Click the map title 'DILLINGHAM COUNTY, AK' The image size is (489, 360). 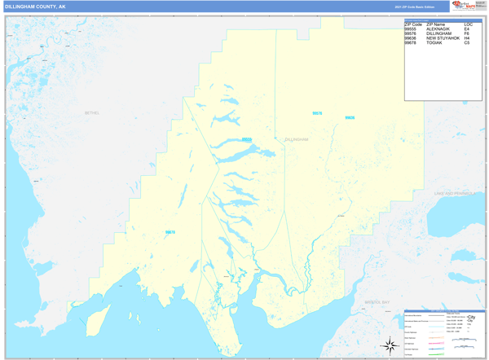coord(35,6)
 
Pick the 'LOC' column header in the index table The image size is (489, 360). coord(468,24)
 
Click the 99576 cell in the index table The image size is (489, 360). coord(411,33)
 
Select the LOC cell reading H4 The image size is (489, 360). coord(467,38)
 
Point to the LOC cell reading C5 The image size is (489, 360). coord(467,42)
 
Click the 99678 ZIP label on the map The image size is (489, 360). coord(170,232)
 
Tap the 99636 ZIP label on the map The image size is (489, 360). coord(350,117)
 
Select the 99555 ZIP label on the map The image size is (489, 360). coord(246,139)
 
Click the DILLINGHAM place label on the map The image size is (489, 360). coord(297,139)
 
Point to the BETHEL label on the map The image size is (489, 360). coord(90,113)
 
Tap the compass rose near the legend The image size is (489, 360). coord(389,343)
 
